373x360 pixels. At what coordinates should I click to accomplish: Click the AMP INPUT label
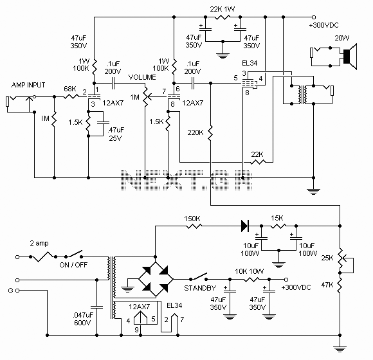(28, 85)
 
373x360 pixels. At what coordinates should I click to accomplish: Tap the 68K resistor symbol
(71, 96)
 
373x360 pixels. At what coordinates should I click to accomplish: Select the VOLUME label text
(142, 77)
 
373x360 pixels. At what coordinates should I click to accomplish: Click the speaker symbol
(350, 57)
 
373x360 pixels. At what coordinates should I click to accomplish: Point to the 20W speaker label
(342, 38)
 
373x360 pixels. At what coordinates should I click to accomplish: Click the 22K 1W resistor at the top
(223, 17)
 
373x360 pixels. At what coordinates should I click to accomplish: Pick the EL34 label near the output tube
(250, 63)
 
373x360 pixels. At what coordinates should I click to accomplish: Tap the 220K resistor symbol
(210, 133)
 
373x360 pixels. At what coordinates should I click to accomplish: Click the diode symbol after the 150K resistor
(245, 226)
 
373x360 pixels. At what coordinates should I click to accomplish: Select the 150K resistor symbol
(194, 226)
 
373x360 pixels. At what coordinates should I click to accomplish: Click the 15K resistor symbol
(278, 226)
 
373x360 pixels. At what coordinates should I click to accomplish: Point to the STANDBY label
(200, 288)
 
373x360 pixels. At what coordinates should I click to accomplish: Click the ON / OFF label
(73, 265)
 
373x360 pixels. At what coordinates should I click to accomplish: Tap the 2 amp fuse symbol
(43, 257)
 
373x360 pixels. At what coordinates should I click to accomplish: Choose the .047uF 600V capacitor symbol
(97, 307)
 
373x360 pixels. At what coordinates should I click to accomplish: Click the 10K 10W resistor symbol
(250, 280)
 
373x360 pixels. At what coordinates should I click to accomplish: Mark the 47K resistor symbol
(340, 285)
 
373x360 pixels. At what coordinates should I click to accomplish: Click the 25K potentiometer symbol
(341, 258)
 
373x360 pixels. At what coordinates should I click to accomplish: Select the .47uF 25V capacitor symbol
(103, 123)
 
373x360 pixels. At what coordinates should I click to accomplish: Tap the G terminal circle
(17, 291)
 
